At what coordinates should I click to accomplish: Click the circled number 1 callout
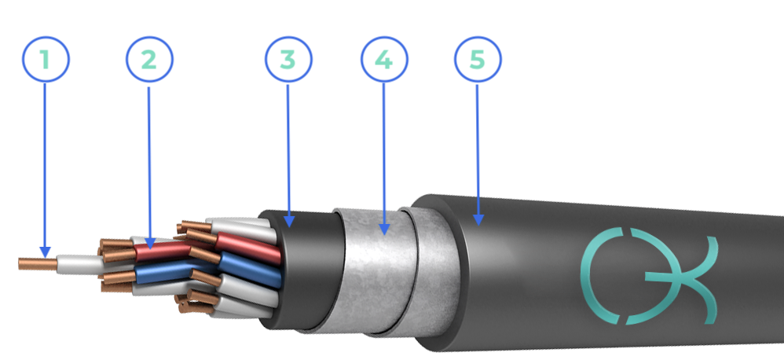coord(46,59)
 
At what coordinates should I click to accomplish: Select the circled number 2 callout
coord(149,60)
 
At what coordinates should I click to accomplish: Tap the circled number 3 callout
coord(288,60)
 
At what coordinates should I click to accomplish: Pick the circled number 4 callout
coord(384,60)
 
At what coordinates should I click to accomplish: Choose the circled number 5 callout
coord(478,60)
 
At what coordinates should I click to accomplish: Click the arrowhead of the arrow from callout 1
coord(46,252)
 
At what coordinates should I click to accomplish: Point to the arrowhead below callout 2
coord(149,243)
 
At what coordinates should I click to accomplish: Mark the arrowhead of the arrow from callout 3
coord(288,222)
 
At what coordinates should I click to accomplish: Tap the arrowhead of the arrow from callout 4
coord(384,229)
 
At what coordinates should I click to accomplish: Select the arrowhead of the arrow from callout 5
coord(478,219)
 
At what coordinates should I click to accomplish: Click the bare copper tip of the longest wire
coord(38,263)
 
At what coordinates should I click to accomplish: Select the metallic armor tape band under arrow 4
coord(375,271)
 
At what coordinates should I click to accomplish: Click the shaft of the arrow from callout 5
coord(478,150)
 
